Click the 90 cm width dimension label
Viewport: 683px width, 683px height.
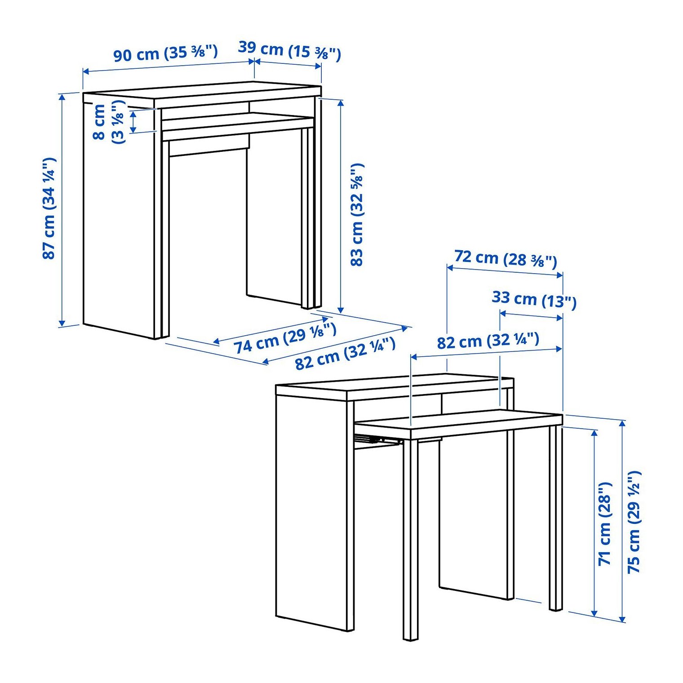(165, 53)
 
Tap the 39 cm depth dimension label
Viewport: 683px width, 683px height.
(289, 50)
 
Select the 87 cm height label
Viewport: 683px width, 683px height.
(49, 208)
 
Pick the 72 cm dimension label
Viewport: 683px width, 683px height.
(506, 258)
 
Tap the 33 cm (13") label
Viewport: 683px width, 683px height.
(534, 299)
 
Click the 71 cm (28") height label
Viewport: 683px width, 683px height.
(605, 523)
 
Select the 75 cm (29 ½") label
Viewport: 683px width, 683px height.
(634, 522)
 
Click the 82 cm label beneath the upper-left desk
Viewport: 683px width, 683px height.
(345, 354)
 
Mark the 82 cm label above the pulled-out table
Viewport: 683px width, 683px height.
(488, 341)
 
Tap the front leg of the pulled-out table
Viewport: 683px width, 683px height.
(410, 539)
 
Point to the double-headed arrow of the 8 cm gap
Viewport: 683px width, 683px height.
(133, 122)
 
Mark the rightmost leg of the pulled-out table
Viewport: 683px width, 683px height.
(556, 517)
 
